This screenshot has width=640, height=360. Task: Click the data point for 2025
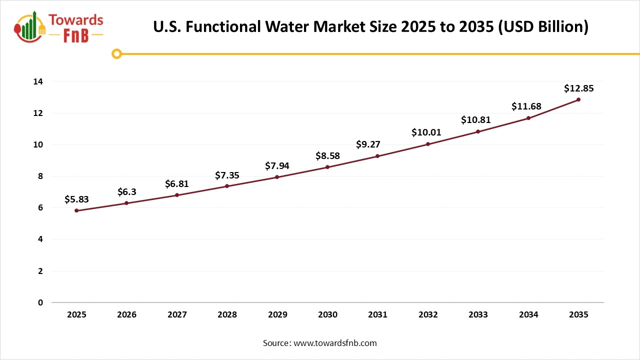[x=76, y=210]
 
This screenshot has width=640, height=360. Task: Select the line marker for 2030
[x=327, y=167]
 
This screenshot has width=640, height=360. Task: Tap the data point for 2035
[x=578, y=99]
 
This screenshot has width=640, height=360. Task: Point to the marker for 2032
[x=428, y=144]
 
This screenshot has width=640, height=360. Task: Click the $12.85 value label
[x=578, y=88]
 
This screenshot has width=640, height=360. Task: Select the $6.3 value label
[x=126, y=192]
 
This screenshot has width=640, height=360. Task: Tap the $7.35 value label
[x=227, y=175]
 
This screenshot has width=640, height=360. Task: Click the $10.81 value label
[x=478, y=120]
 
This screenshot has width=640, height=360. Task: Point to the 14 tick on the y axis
[x=38, y=81]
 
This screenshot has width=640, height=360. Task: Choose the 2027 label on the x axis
[x=177, y=315]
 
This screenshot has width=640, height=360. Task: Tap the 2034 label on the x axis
[x=528, y=315]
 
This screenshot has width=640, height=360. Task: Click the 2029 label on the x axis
[x=277, y=315]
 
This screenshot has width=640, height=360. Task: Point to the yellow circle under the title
[x=116, y=53]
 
